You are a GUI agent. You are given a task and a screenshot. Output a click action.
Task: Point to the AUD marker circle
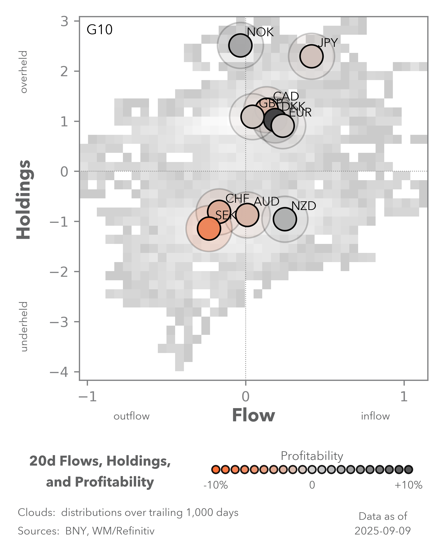click(x=247, y=215)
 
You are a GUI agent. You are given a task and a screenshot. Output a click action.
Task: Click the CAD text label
click(x=286, y=96)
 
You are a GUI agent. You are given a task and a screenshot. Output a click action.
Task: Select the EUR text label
click(x=301, y=112)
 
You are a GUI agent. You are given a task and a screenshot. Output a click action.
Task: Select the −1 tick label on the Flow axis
click(x=87, y=397)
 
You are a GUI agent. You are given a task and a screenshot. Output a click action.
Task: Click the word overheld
click(x=24, y=72)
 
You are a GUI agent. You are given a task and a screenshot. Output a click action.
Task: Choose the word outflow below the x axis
click(x=131, y=416)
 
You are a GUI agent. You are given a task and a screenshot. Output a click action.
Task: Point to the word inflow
click(x=375, y=416)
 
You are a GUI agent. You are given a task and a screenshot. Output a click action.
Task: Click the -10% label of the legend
click(x=216, y=485)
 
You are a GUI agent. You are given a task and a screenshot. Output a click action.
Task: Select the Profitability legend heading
click(x=312, y=456)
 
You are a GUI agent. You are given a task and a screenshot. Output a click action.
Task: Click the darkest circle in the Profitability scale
click(x=408, y=469)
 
